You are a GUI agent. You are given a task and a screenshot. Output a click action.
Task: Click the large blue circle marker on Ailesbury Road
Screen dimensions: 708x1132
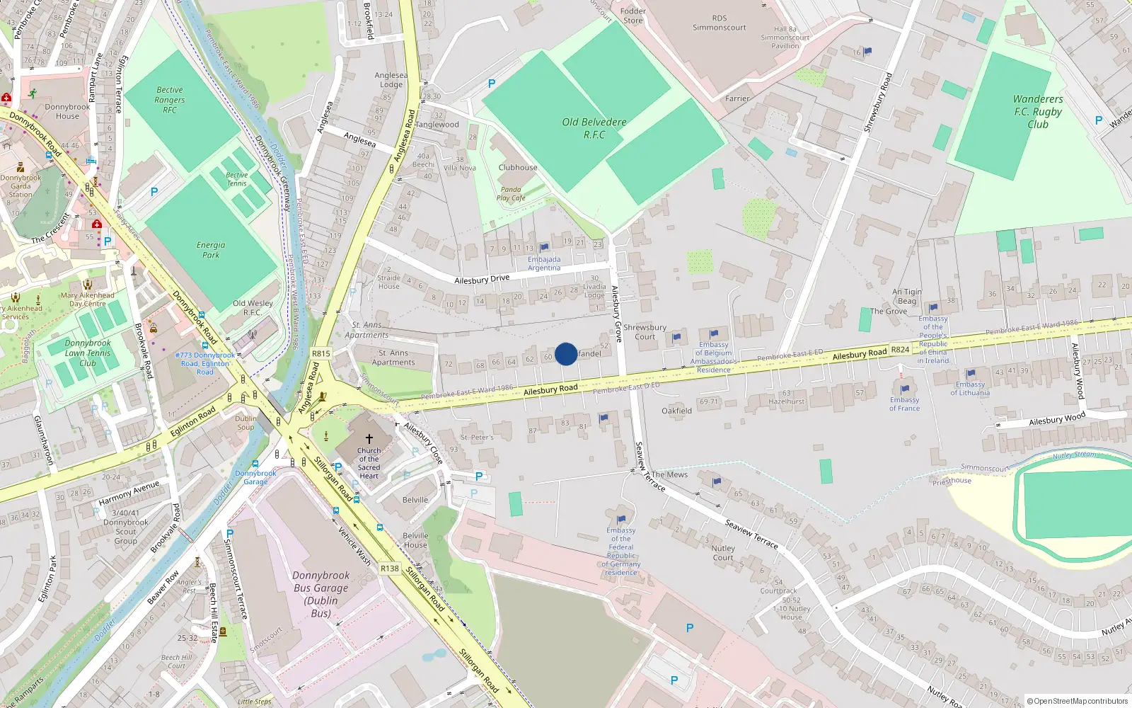click(566, 354)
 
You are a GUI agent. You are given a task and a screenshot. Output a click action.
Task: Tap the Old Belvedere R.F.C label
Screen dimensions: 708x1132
click(594, 128)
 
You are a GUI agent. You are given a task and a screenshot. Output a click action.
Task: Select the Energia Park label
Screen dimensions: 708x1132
click(211, 250)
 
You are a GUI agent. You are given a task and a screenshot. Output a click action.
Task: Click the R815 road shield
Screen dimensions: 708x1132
click(320, 353)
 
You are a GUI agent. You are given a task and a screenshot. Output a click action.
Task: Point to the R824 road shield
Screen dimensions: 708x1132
click(900, 350)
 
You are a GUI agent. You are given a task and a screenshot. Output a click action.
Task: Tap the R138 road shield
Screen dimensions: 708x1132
click(389, 568)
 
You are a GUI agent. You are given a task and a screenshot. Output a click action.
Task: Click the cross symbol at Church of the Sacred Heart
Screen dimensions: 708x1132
click(369, 439)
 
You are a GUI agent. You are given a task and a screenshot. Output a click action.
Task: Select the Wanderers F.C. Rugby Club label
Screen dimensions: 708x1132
click(1038, 112)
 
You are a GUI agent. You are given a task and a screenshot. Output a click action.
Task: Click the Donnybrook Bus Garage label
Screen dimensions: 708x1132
click(320, 594)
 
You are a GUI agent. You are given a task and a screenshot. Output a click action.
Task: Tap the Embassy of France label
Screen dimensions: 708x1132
click(904, 404)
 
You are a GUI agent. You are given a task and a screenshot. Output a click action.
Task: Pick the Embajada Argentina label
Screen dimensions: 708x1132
click(544, 263)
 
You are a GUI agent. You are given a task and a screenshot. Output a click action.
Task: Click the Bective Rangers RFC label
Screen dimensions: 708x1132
click(170, 100)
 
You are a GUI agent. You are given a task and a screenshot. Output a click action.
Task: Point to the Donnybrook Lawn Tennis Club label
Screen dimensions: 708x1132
click(88, 353)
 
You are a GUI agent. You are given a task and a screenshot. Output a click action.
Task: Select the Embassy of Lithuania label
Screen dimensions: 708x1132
click(970, 389)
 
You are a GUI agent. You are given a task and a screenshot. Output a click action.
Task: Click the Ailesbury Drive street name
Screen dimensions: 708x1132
click(482, 280)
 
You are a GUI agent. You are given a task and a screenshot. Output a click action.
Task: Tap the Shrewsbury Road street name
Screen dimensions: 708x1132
click(878, 102)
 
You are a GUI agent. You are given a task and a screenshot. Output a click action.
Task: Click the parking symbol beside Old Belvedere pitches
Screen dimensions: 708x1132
click(492, 84)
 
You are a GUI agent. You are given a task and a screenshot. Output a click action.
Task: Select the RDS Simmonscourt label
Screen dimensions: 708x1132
click(719, 23)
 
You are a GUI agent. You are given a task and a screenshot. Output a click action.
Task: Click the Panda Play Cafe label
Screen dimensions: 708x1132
click(511, 194)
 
